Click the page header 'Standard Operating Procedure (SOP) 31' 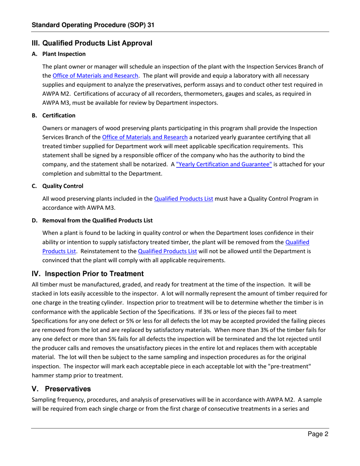pos(93,25)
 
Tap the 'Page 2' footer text pos(317,435)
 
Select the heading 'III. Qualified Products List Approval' pos(92,43)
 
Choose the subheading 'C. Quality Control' pos(59,186)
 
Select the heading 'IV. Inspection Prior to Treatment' pos(88,274)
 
